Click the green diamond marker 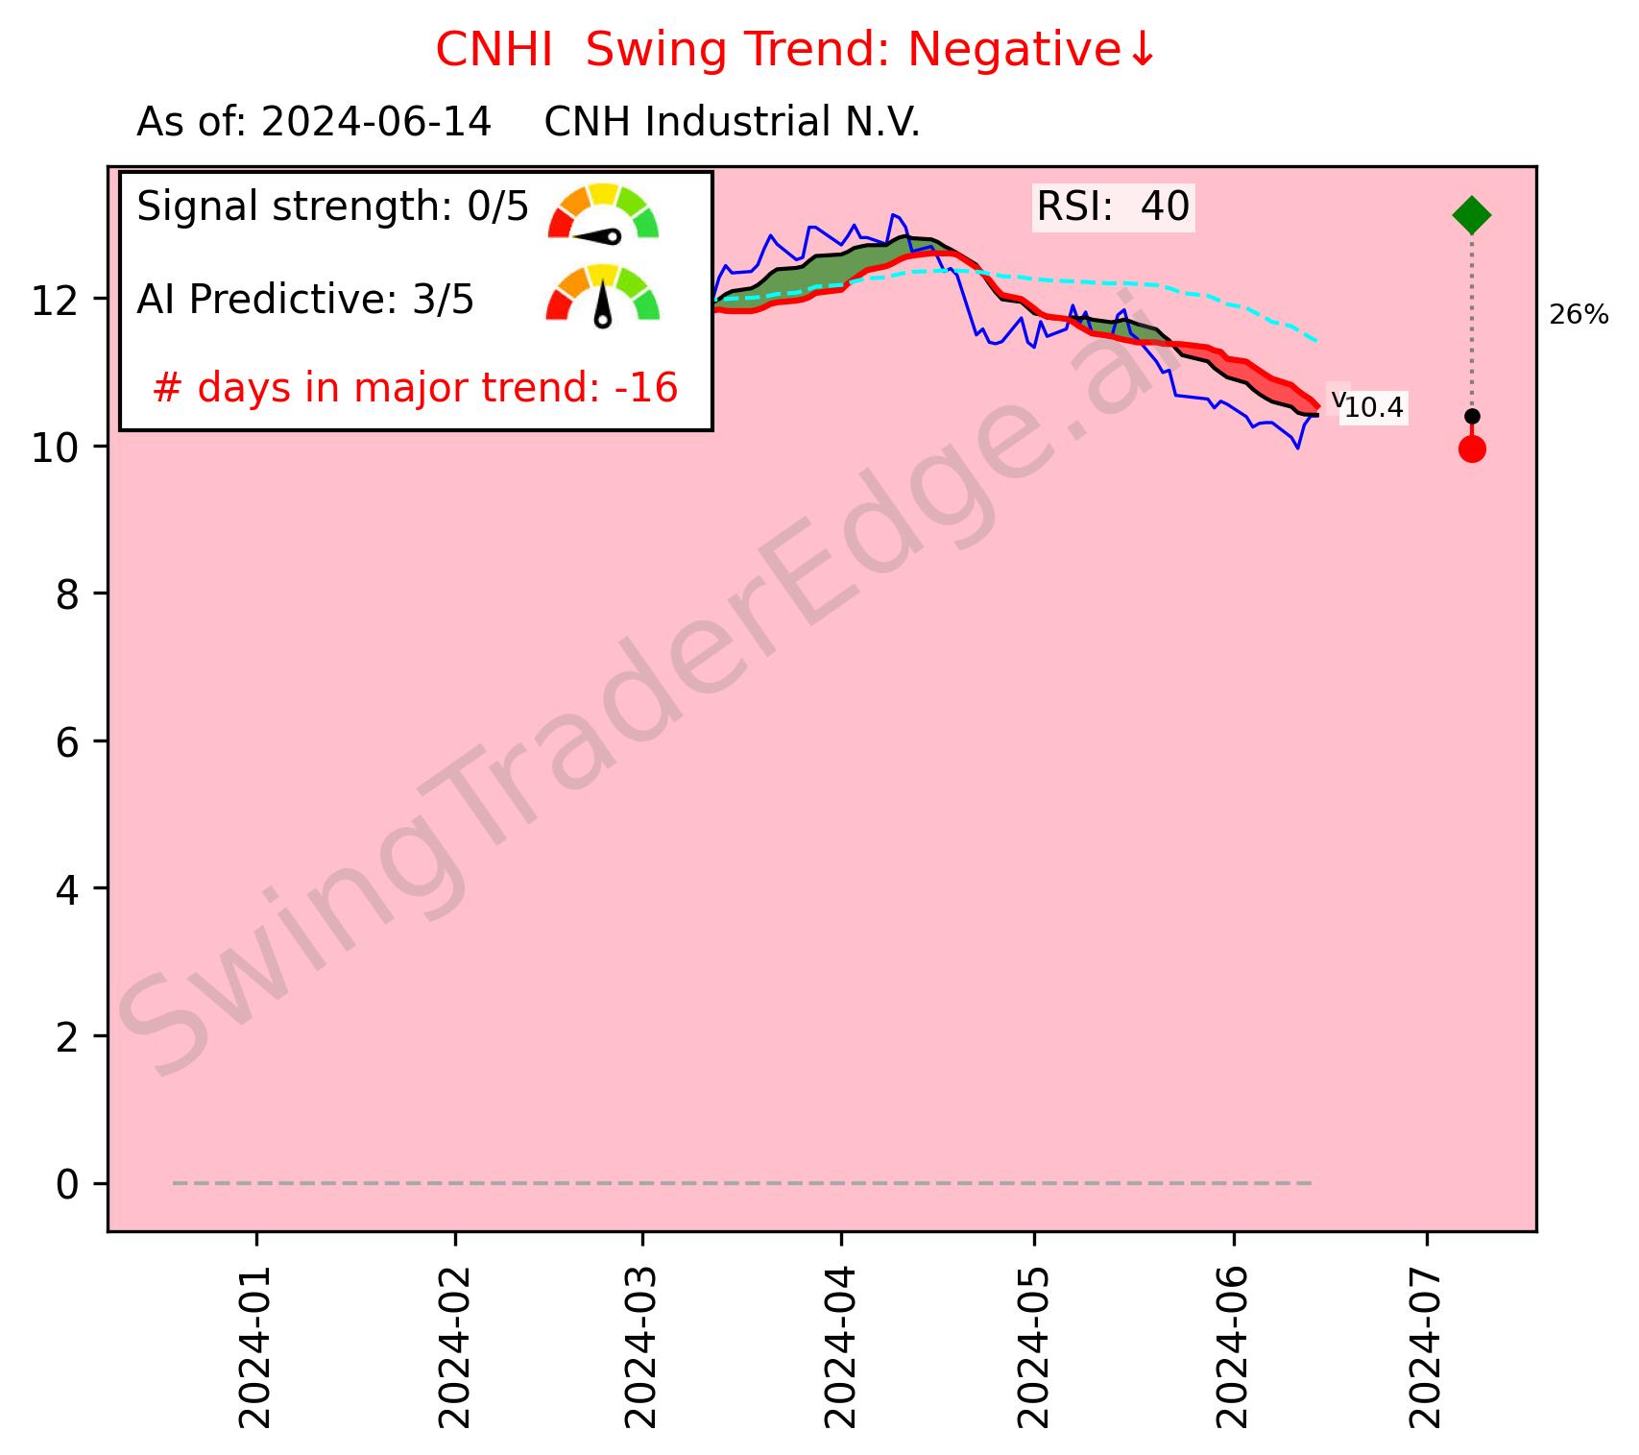point(1471,215)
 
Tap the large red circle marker point(1471,449)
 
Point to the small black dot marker point(1471,416)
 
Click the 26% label point(1579,315)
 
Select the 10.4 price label point(1373,408)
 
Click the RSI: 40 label point(1113,206)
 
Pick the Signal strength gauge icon point(603,211)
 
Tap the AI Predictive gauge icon point(603,295)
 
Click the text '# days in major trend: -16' point(415,388)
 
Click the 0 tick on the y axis point(66,1184)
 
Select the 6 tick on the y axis point(66,742)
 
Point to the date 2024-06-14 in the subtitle point(376,123)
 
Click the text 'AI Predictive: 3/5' point(305,301)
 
